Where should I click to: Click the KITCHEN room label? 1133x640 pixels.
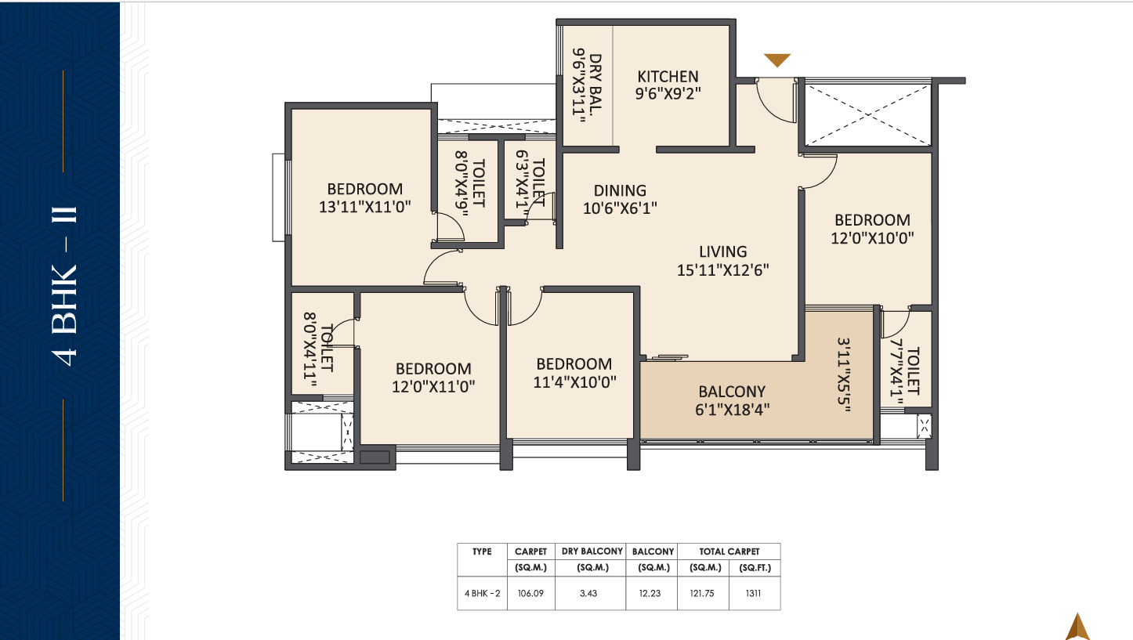[668, 76]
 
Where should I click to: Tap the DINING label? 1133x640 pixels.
[620, 190]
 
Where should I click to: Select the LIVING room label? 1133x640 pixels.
[722, 251]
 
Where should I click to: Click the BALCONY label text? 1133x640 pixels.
[732, 392]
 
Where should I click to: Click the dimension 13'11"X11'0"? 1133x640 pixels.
[364, 207]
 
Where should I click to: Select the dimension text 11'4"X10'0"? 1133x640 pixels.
[574, 381]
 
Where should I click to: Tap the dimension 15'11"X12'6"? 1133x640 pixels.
[722, 270]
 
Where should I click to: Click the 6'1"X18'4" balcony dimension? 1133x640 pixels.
[732, 410]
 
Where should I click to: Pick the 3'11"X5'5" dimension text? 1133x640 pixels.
[844, 374]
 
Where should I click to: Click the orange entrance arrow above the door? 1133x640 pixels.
[777, 60]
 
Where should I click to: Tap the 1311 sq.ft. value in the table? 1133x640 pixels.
[753, 593]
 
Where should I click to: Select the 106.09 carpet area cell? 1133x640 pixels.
[530, 593]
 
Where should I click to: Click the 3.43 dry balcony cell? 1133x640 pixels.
[588, 593]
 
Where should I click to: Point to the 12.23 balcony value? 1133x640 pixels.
[650, 593]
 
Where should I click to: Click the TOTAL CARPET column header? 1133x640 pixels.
[729, 551]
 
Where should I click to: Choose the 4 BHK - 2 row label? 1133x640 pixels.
[482, 593]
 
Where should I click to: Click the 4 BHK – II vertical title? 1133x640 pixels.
[64, 286]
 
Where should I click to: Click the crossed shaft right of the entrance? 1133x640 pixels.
[867, 114]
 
